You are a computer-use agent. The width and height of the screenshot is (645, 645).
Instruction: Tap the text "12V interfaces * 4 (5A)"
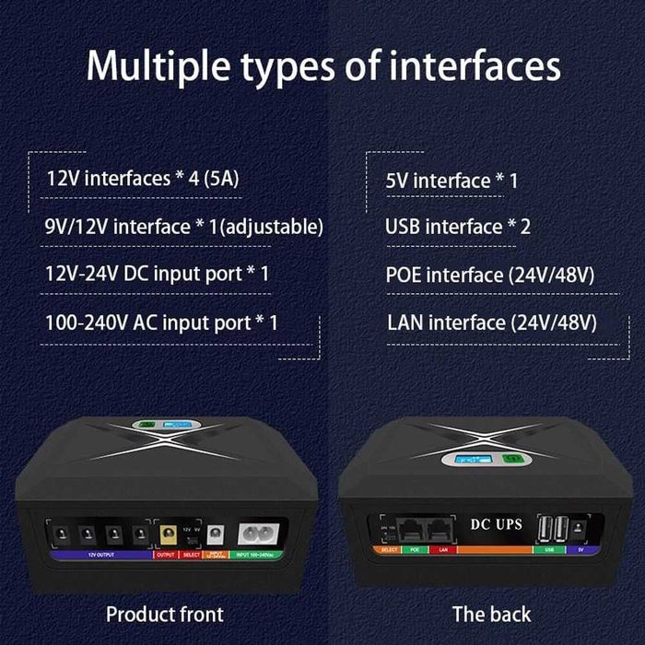pyautogui.click(x=143, y=178)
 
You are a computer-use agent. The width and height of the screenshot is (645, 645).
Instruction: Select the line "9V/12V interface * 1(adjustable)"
pyautogui.click(x=184, y=226)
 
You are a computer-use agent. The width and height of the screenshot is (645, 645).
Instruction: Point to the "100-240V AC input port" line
pyautogui.click(x=161, y=322)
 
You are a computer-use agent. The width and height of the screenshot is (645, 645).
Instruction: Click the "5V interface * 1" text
pyautogui.click(x=451, y=180)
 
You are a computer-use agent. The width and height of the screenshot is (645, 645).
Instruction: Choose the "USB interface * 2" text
pyautogui.click(x=458, y=227)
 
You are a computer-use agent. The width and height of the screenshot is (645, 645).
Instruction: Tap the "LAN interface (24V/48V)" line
pyautogui.click(x=492, y=322)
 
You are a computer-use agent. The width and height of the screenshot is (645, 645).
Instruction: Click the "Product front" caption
pyautogui.click(x=164, y=614)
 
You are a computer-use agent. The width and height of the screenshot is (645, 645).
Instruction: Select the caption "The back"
pyautogui.click(x=491, y=614)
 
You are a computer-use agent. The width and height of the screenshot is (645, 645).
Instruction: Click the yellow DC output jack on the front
pyautogui.click(x=169, y=534)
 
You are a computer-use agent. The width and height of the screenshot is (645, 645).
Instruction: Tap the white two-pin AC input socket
pyautogui.click(x=253, y=534)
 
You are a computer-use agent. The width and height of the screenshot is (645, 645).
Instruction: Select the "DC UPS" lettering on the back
pyautogui.click(x=496, y=524)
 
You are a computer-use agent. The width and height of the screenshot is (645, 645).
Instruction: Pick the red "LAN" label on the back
pyautogui.click(x=442, y=549)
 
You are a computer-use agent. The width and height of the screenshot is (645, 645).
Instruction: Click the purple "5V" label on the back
pyautogui.click(x=581, y=549)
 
